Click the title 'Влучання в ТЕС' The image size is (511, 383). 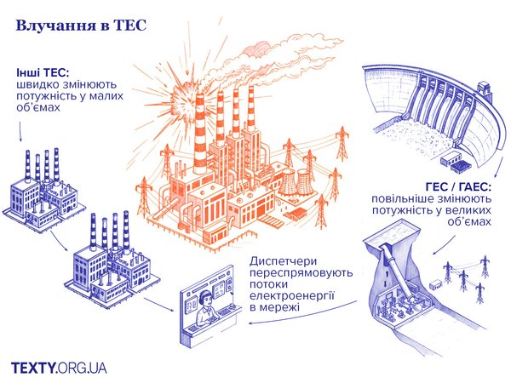(76, 26)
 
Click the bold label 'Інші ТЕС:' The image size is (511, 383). (43, 72)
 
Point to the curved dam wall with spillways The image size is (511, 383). (426, 111)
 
